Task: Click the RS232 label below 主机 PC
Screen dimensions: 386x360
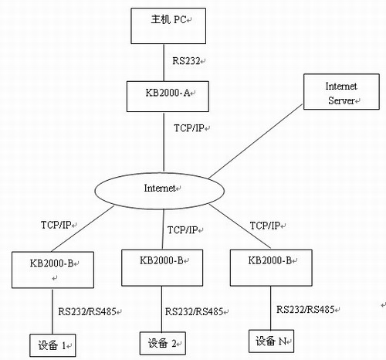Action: [x=186, y=61]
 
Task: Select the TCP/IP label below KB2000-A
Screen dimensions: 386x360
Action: [x=189, y=128]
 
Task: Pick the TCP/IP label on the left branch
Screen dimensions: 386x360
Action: [x=56, y=225]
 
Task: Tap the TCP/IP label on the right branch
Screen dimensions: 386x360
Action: [x=265, y=226]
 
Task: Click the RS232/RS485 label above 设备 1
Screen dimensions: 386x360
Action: [x=87, y=311]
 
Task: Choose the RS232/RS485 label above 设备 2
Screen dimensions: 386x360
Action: [x=194, y=311]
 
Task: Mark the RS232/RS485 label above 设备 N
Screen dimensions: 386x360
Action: [x=306, y=309]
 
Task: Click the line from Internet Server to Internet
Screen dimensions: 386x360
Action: [x=256, y=141]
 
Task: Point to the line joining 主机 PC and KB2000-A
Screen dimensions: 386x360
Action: [x=164, y=63]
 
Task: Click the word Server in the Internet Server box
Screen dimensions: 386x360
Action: [x=341, y=100]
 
